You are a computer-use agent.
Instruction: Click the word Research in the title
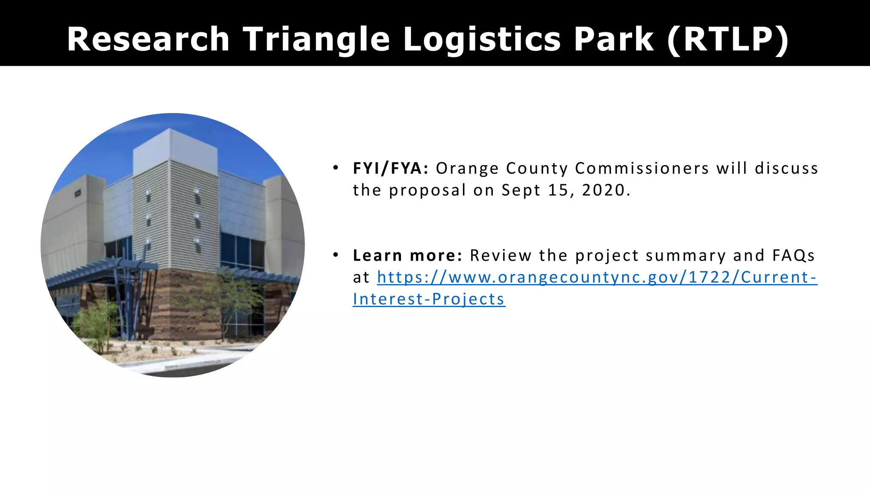(148, 39)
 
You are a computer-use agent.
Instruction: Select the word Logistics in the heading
(482, 39)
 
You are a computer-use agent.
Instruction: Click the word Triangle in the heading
(316, 39)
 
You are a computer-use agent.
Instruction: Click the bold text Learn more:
(407, 256)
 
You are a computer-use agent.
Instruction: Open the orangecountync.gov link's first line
(597, 277)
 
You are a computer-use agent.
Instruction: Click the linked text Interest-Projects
(429, 299)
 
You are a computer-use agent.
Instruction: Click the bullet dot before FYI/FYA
(336, 168)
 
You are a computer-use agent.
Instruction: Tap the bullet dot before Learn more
(336, 255)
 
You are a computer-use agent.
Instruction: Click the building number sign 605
(78, 194)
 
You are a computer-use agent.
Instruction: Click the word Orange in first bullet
(467, 168)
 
